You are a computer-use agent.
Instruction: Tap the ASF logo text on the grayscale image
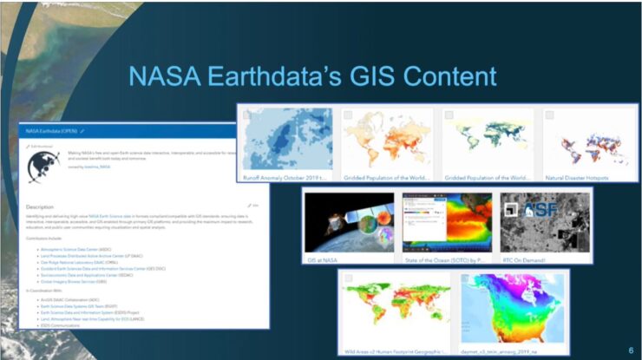530,207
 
